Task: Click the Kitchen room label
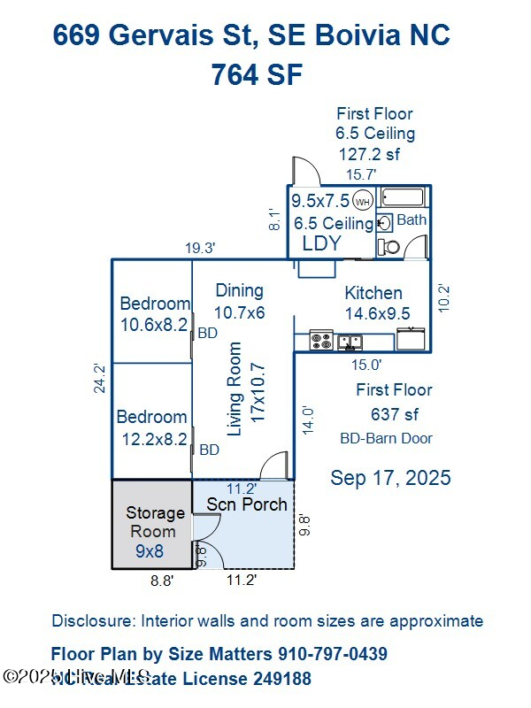(373, 293)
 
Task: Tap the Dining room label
(239, 290)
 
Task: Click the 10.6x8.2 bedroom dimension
(155, 325)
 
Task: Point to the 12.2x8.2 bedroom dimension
(152, 438)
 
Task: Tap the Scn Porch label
(247, 504)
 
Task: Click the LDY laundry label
(322, 243)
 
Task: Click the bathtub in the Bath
(404, 197)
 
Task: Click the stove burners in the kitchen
(320, 339)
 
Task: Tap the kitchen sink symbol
(349, 339)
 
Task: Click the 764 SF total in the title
(257, 75)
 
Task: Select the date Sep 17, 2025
(390, 478)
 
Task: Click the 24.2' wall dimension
(101, 379)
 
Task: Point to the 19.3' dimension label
(201, 250)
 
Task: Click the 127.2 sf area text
(370, 154)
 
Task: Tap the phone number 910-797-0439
(332, 655)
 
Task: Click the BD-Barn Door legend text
(387, 438)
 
